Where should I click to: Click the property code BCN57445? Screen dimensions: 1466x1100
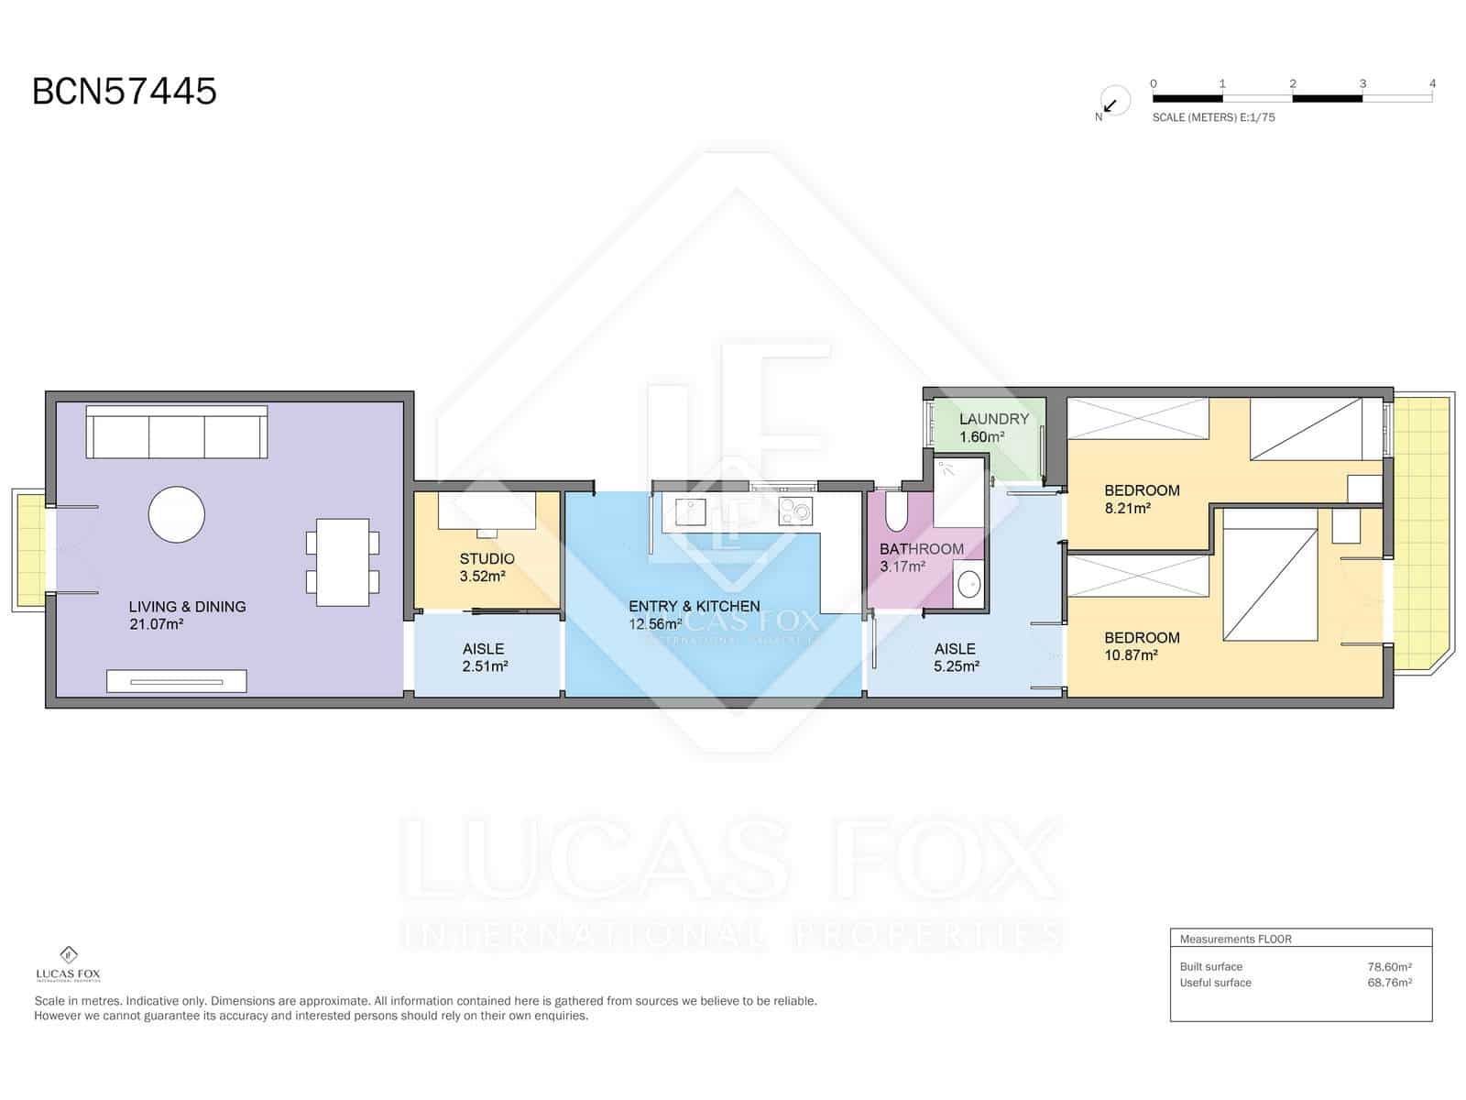coord(125,91)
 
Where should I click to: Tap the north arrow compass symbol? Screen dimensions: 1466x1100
coord(1113,102)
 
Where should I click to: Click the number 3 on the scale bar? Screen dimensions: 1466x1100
coord(1362,83)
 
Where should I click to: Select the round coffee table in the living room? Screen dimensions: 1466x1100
coord(176,514)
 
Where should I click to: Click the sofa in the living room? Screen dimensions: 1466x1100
coord(176,432)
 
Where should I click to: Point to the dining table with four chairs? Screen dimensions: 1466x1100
coord(343,562)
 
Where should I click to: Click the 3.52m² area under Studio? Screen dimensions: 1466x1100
coord(482,576)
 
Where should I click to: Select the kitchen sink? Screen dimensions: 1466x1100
coord(690,511)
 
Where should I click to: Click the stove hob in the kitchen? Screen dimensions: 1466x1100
coord(795,511)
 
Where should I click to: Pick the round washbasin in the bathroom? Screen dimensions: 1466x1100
coord(969,585)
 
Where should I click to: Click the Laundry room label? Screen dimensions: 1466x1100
coord(994,419)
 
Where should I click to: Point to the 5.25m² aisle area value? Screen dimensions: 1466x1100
coord(957,665)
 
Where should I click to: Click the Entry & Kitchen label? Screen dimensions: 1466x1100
coord(694,606)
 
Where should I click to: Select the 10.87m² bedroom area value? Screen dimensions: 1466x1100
coord(1131,654)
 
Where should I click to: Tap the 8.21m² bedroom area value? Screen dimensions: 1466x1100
coord(1127,508)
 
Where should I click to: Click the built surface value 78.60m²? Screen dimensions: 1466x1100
coord(1389,966)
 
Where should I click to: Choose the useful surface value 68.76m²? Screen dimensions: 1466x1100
coord(1389,983)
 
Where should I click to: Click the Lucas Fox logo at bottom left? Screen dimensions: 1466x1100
coord(68,964)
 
